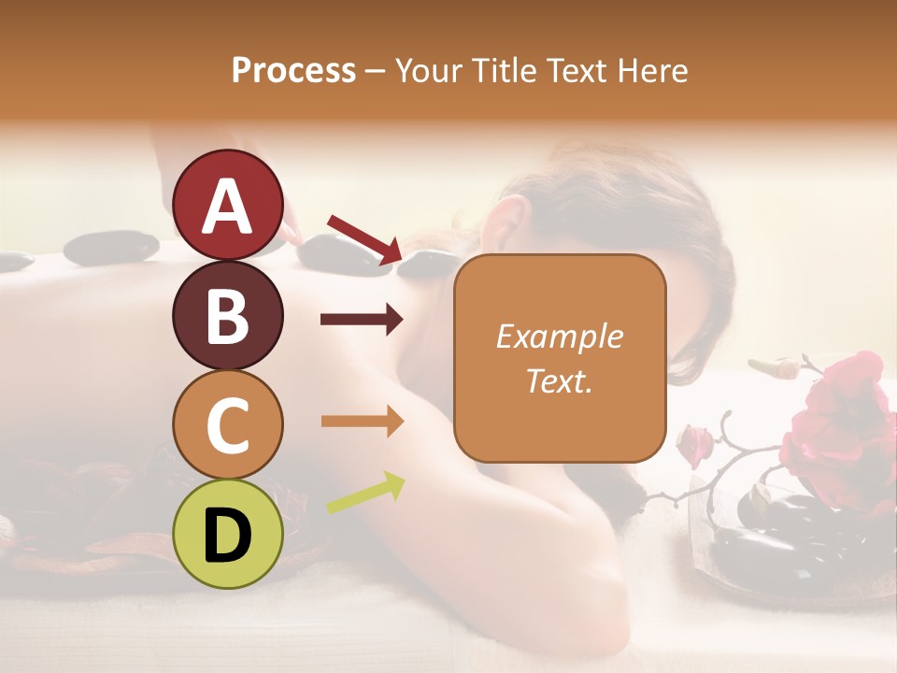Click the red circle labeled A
coord(228,205)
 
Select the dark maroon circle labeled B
coord(228,315)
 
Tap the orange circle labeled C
coord(228,424)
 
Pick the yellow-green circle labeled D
coord(228,534)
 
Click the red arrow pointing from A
coord(364,238)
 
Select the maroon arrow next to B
coord(362,321)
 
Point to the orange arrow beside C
coord(362,422)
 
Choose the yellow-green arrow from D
coord(365,493)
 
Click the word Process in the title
coord(293,70)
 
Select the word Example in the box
coord(559,336)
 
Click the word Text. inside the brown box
coord(559,380)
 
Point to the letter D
coord(228,536)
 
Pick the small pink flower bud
coord(694,444)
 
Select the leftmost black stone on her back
coord(16,262)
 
